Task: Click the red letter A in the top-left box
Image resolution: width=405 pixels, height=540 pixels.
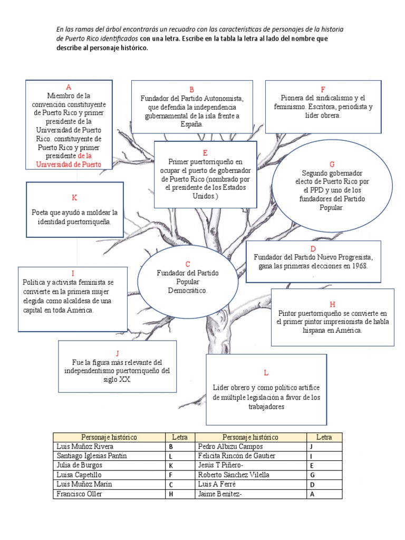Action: pyautogui.click(x=69, y=87)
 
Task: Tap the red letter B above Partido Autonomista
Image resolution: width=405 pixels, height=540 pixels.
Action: pyautogui.click(x=192, y=90)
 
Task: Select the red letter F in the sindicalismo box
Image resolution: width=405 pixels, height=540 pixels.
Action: pyautogui.click(x=323, y=89)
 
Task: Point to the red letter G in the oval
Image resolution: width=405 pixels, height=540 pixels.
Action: pyautogui.click(x=332, y=164)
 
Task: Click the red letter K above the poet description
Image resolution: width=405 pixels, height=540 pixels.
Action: pyautogui.click(x=74, y=197)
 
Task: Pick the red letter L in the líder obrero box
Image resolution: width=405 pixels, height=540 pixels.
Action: pyautogui.click(x=266, y=373)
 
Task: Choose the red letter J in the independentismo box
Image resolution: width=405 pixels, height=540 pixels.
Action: pyautogui.click(x=117, y=353)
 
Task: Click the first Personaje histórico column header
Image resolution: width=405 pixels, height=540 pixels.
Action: pyautogui.click(x=109, y=437)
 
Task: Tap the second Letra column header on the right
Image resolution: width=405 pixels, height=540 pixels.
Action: pyautogui.click(x=324, y=437)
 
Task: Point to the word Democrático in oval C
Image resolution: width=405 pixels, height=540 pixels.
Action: pyautogui.click(x=188, y=291)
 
